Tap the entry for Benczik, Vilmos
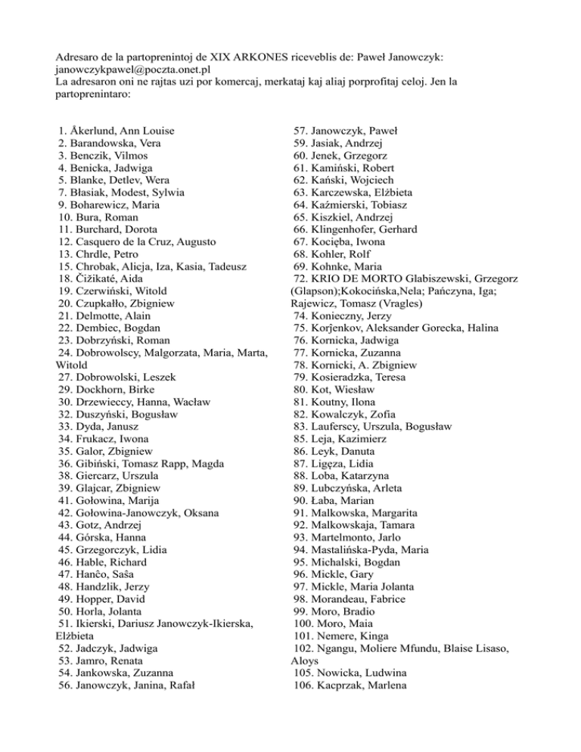[107, 155]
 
